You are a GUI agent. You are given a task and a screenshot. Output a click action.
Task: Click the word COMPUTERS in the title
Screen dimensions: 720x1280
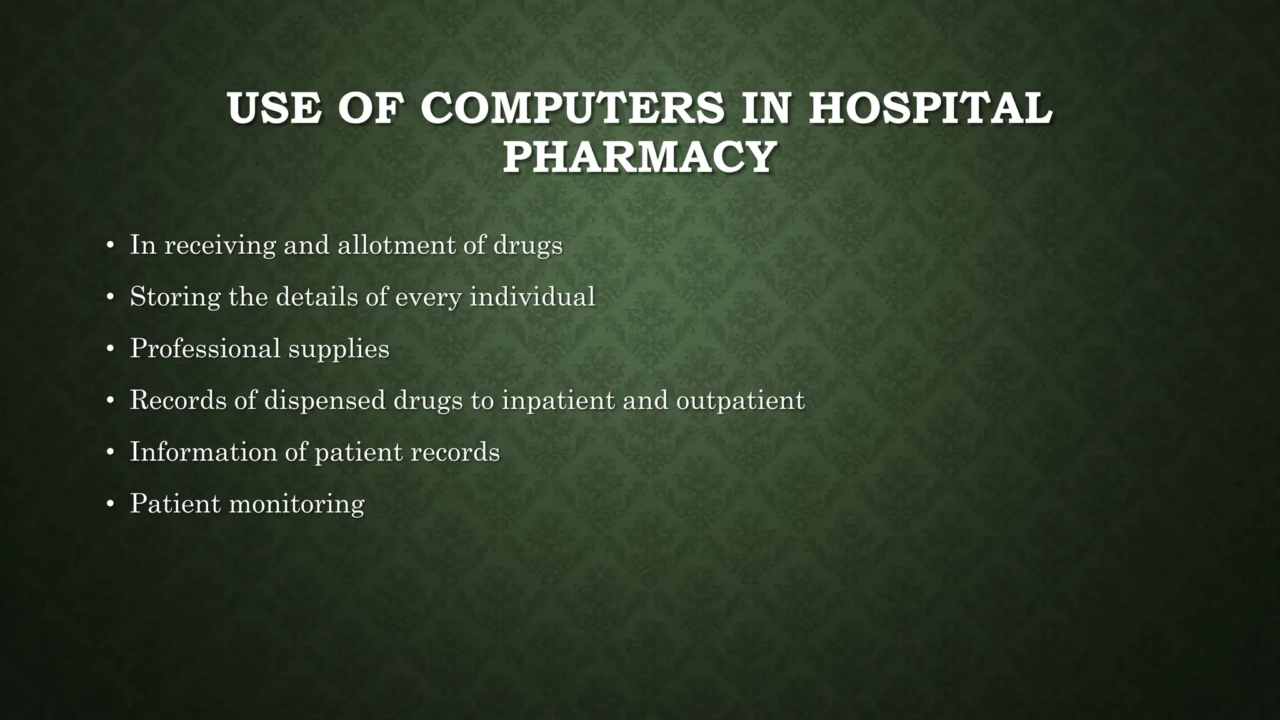pyautogui.click(x=572, y=108)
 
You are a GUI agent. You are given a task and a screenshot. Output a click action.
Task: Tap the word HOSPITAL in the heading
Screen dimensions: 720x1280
pyautogui.click(x=930, y=108)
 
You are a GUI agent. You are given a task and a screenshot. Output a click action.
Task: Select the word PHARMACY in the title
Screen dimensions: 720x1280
pyautogui.click(x=639, y=157)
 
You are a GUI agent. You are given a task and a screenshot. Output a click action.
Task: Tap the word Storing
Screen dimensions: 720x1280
pyautogui.click(x=175, y=297)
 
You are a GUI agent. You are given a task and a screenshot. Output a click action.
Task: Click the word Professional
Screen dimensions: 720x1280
pyautogui.click(x=205, y=348)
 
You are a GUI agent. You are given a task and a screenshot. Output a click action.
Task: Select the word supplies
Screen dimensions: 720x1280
pyautogui.click(x=338, y=349)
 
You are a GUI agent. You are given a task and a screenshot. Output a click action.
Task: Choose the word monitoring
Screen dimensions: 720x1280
pyautogui.click(x=297, y=504)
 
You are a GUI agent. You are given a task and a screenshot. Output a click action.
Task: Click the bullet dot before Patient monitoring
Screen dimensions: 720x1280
pyautogui.click(x=111, y=504)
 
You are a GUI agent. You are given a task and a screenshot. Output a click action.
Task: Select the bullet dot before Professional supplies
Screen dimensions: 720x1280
pyautogui.click(x=111, y=349)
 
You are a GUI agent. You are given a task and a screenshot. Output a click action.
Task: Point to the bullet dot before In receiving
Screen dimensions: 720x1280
pyautogui.click(x=111, y=245)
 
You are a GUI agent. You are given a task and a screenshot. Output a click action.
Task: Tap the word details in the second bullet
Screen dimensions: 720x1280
pyautogui.click(x=317, y=296)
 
